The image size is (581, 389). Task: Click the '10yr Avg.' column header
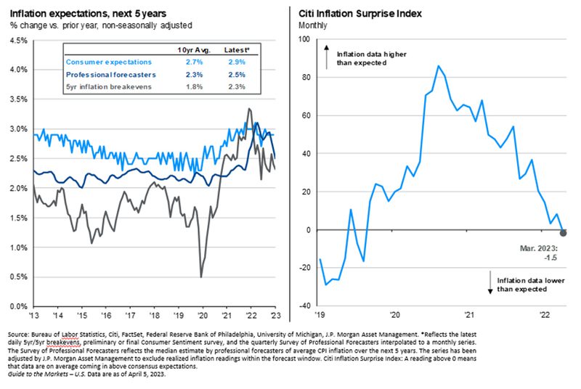click(x=193, y=49)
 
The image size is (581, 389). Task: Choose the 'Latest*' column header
click(x=235, y=49)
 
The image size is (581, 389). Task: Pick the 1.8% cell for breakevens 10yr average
click(x=195, y=86)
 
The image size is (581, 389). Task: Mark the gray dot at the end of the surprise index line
click(x=564, y=232)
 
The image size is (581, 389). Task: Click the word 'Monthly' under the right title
click(x=313, y=25)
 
